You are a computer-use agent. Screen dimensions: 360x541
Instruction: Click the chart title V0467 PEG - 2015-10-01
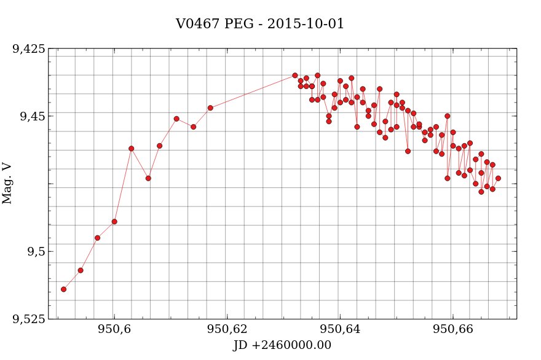click(260, 24)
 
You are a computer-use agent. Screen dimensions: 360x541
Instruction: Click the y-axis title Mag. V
click(7, 183)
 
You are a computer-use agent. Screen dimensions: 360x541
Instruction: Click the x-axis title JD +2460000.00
click(282, 345)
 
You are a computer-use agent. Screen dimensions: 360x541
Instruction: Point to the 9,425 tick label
click(29, 49)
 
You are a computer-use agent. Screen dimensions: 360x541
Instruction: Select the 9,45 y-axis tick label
click(33, 116)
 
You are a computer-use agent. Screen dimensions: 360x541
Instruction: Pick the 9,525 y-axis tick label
click(29, 319)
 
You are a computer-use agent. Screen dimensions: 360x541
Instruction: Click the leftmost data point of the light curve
click(63, 289)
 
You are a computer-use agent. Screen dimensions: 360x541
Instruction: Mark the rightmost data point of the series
click(498, 178)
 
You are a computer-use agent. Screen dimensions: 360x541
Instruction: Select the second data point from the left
click(81, 270)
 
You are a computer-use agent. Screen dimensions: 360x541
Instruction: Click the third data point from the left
click(97, 238)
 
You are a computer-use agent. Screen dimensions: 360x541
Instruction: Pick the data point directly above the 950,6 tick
click(114, 221)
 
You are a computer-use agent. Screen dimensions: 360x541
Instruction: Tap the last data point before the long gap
click(210, 108)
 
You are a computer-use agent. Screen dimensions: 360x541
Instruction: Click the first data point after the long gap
click(295, 76)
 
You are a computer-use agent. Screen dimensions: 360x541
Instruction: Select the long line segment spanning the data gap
click(253, 92)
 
